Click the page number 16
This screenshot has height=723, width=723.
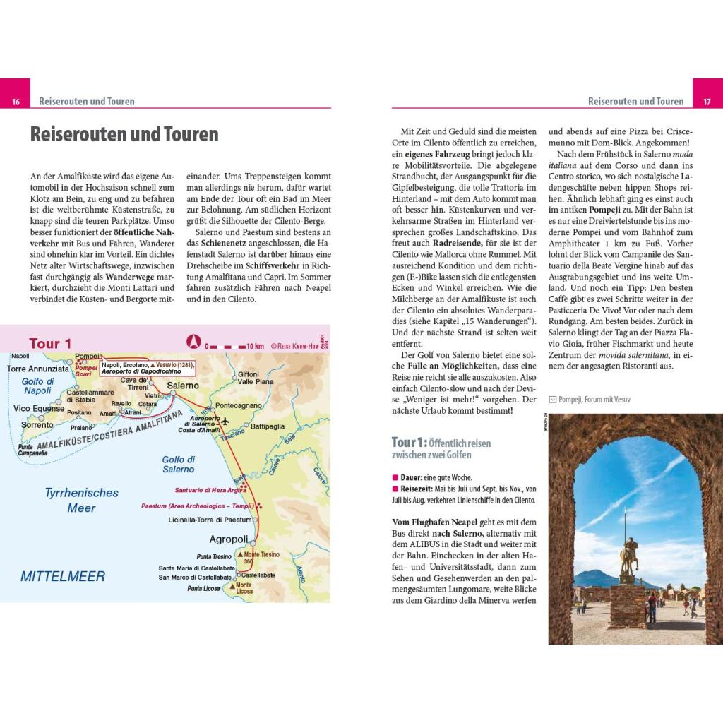tap(15, 102)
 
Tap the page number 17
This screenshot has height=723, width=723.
tap(707, 102)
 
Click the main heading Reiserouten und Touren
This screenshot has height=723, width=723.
tap(124, 135)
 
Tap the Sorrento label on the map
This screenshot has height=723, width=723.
tap(37, 425)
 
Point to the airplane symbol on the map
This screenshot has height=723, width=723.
tap(226, 422)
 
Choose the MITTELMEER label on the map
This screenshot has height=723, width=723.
tap(63, 576)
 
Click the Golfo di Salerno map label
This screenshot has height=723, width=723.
tap(178, 465)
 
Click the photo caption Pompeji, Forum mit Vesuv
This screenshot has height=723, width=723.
tap(594, 400)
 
